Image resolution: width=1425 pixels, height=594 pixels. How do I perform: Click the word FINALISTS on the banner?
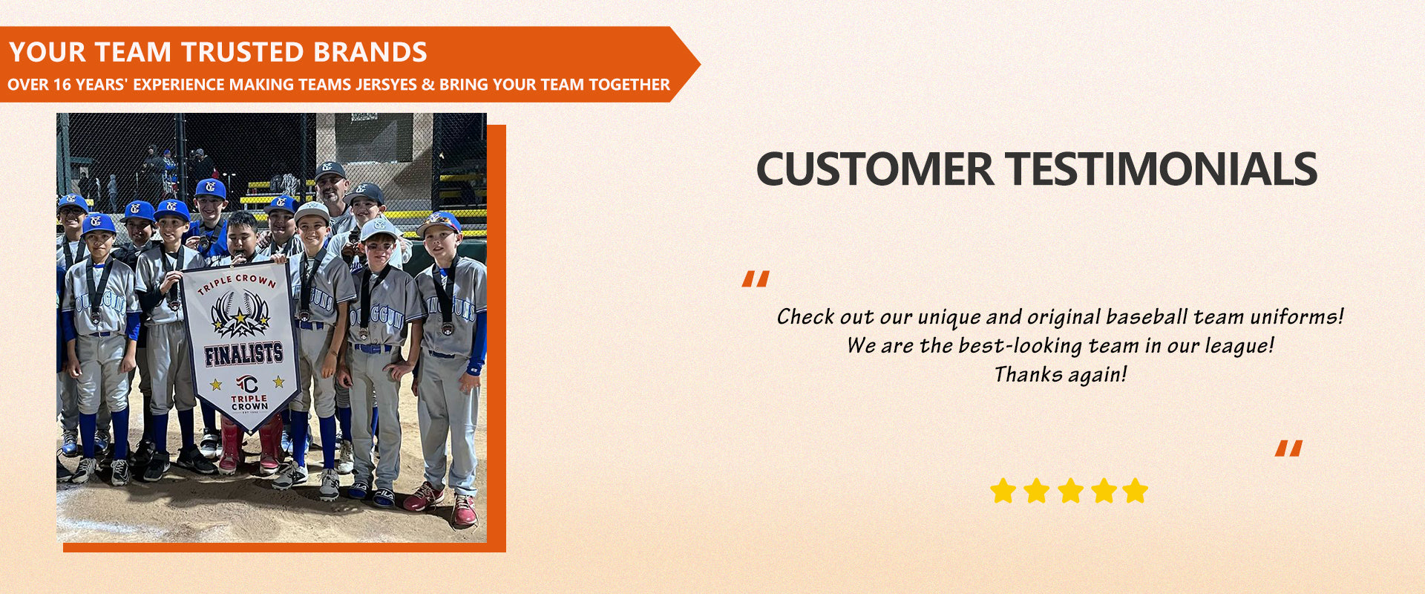tap(243, 354)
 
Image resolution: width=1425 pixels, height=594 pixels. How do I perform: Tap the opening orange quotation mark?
tap(756, 279)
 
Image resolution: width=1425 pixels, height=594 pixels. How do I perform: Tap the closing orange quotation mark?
tap(1288, 448)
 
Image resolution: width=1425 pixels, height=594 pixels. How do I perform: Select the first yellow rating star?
tap(1003, 491)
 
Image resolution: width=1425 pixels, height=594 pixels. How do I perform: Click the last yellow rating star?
tap(1135, 491)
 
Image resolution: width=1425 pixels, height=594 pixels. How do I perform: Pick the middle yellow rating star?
tap(1069, 491)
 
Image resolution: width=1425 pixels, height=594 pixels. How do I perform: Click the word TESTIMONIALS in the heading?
tap(1162, 169)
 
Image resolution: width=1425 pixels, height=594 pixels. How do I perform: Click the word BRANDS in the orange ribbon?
tap(370, 52)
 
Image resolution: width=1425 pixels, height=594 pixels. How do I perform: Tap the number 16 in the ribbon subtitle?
tap(62, 85)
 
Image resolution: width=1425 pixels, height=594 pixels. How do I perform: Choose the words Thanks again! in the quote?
tap(1061, 374)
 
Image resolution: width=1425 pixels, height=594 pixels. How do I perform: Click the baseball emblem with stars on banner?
tap(240, 313)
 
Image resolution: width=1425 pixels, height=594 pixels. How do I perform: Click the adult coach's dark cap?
tap(330, 171)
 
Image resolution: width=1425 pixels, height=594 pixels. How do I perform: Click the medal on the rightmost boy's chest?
tap(448, 328)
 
